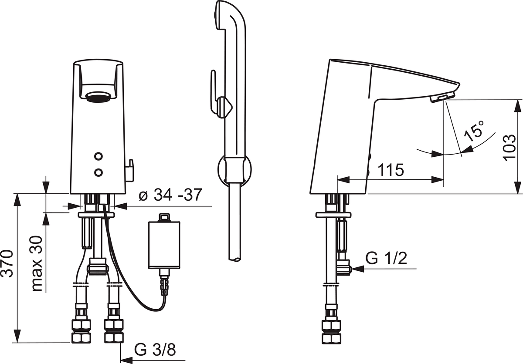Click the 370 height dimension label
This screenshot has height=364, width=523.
(x=7, y=264)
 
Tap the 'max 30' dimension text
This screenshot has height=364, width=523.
(x=37, y=263)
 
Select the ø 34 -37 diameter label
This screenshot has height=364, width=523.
(x=170, y=195)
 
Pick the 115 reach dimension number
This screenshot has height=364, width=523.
(x=391, y=170)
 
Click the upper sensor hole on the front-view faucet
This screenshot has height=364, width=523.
(x=98, y=156)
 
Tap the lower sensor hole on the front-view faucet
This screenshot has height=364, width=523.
(x=98, y=172)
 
